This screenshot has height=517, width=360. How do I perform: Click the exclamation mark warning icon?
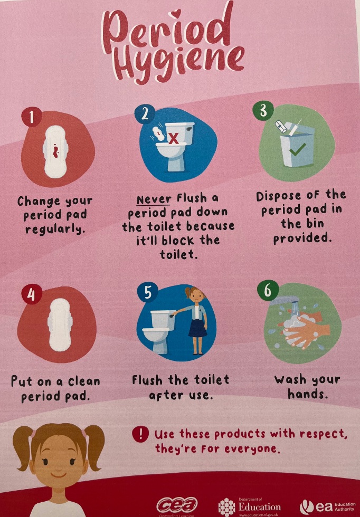[141, 434]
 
